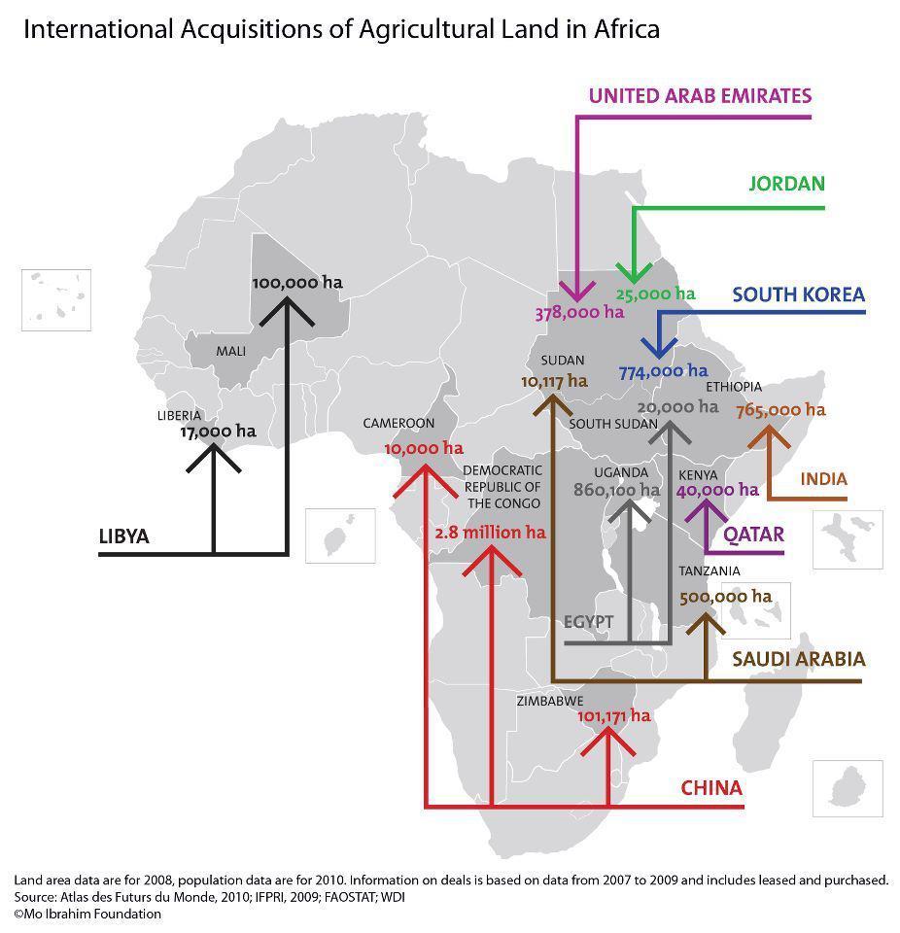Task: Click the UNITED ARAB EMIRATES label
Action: pos(700,95)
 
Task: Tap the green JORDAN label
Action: pos(786,184)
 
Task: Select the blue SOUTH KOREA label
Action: pos(798,294)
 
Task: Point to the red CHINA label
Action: pos(710,787)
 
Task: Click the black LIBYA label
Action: pos(124,536)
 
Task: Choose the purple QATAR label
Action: pos(753,534)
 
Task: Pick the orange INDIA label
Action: pos(823,479)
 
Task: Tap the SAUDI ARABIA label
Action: pos(798,659)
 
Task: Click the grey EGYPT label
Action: pos(588,622)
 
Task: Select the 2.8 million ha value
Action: pos(490,533)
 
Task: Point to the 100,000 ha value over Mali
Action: pos(297,283)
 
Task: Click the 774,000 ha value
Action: pos(663,370)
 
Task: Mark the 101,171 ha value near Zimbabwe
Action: pos(613,715)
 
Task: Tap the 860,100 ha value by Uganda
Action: pos(616,490)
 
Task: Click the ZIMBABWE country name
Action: pos(550,700)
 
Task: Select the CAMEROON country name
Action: pos(398,424)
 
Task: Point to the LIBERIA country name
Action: pos(179,415)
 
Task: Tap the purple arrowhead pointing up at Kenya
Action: pos(698,506)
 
